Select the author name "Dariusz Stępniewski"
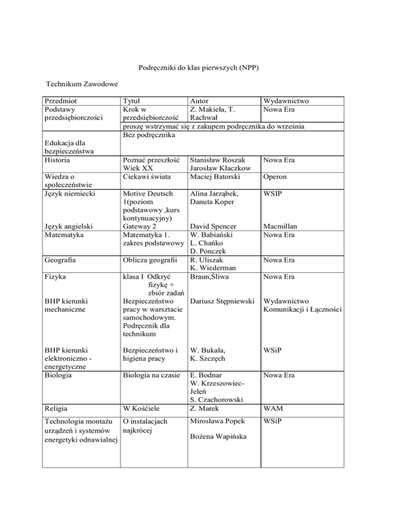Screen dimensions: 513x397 (223, 300)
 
